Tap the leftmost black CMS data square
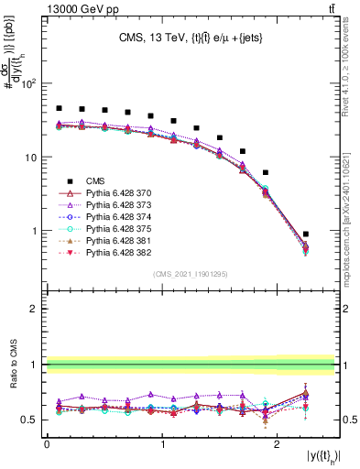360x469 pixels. click(59, 108)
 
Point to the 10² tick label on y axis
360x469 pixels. click(29, 83)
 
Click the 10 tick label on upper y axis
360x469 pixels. click(31, 158)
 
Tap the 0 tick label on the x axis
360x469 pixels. click(47, 444)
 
